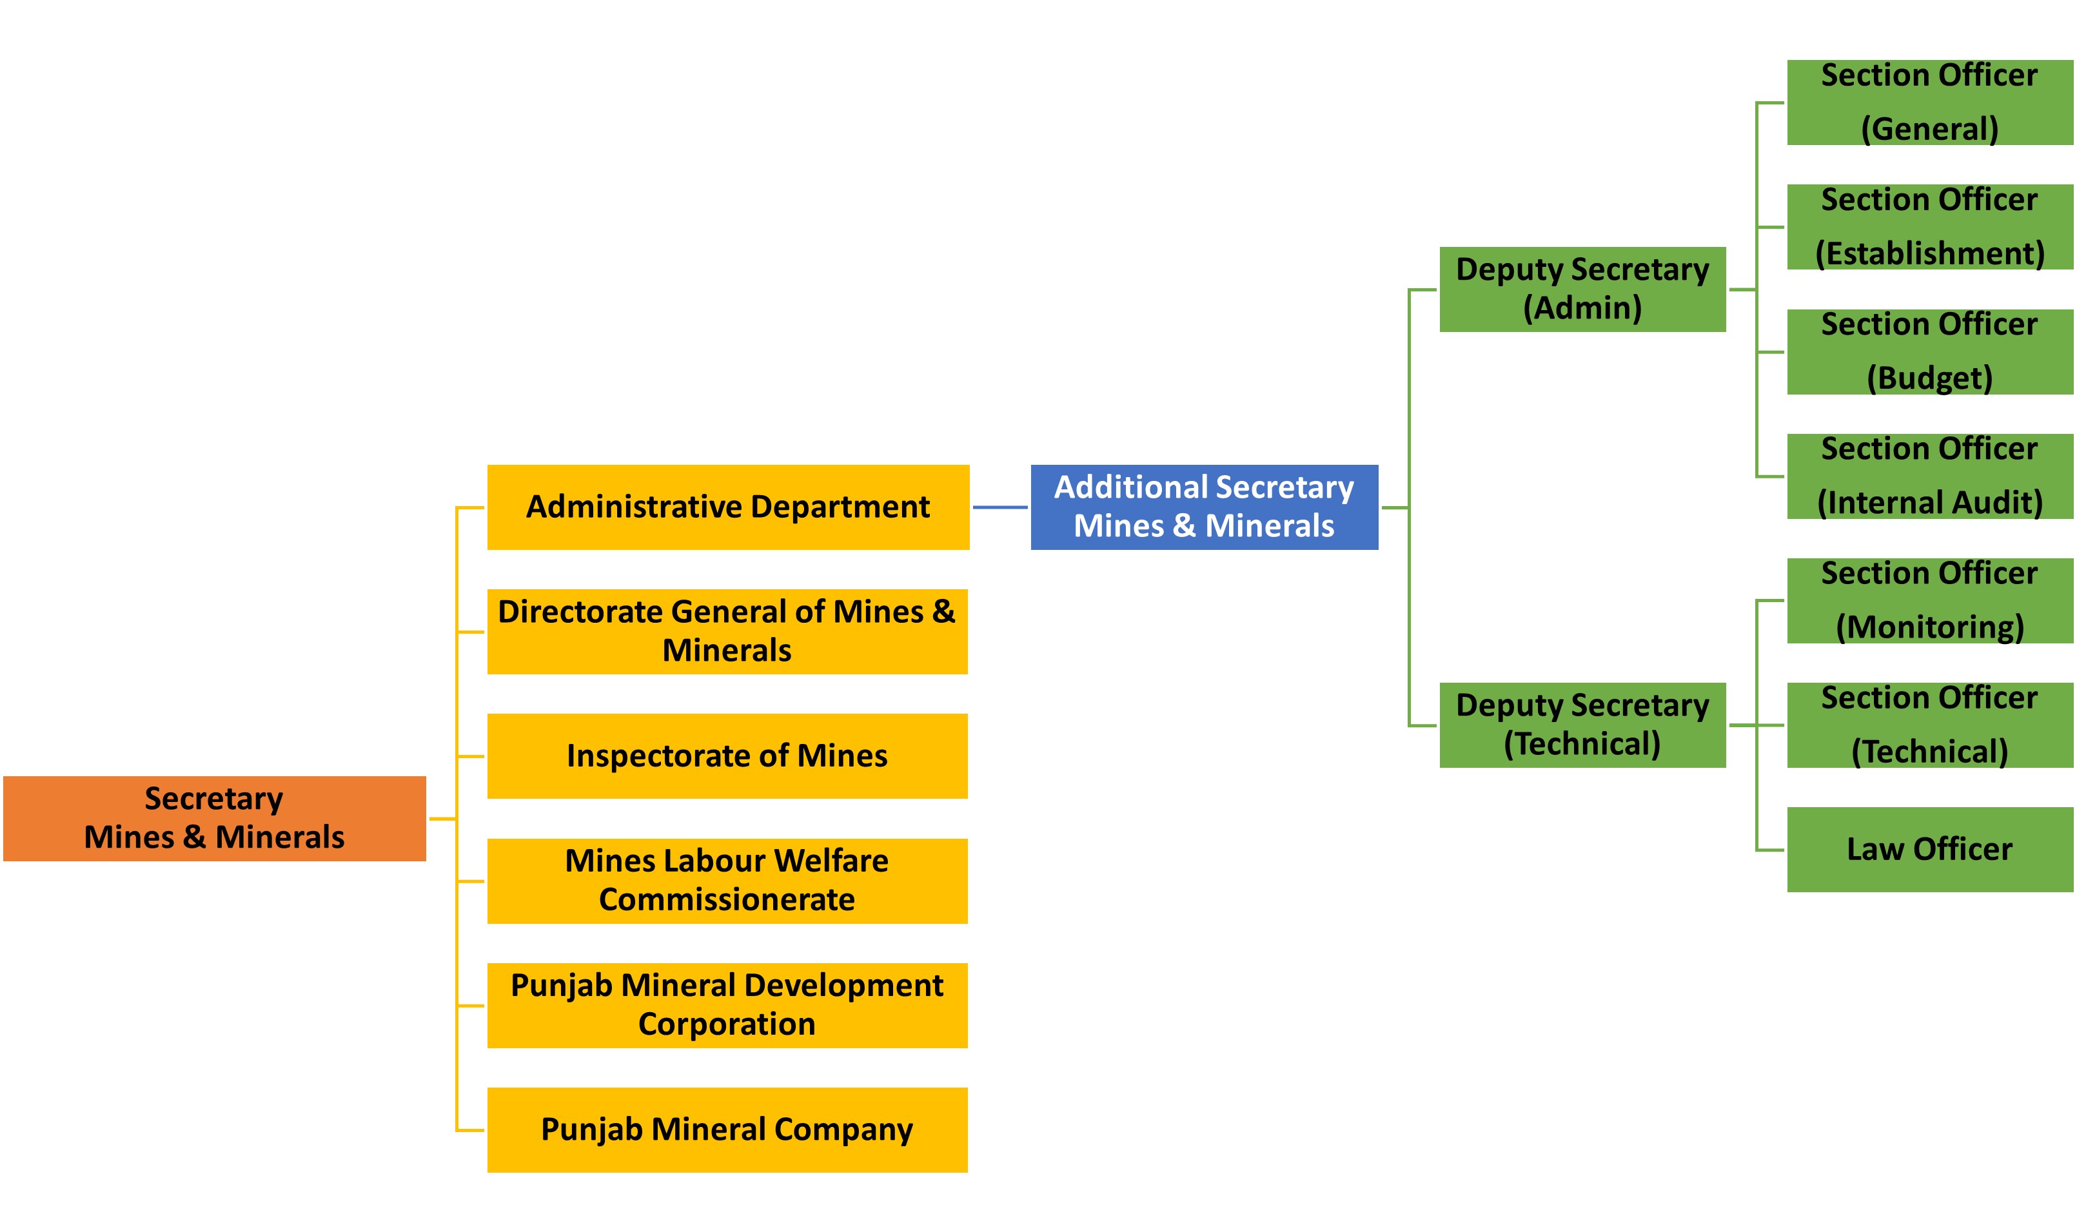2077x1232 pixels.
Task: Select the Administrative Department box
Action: click(727, 507)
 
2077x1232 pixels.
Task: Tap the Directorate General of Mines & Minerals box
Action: click(727, 631)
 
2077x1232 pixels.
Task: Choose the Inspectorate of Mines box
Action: click(727, 756)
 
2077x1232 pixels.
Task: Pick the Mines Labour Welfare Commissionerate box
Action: click(727, 880)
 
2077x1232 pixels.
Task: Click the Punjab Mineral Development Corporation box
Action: click(727, 1004)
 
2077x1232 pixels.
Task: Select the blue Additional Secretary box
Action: click(1204, 507)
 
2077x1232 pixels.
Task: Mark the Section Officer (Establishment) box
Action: click(1929, 227)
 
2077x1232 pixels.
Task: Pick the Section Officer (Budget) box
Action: click(1929, 351)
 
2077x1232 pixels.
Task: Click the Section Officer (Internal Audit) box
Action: click(1929, 476)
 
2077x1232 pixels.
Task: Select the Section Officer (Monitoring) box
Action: click(1929, 600)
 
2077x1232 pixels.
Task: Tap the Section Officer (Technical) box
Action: click(1929, 725)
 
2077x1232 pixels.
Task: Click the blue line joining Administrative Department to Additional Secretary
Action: click(999, 507)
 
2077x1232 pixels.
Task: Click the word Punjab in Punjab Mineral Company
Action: click(591, 1130)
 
